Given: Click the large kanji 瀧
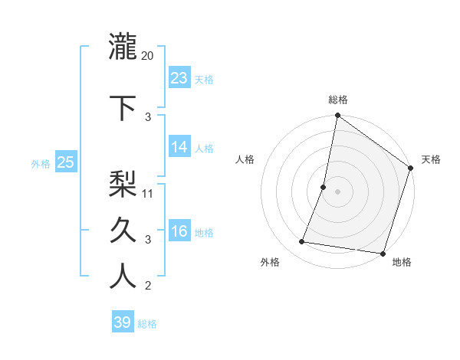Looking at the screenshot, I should click(x=123, y=47).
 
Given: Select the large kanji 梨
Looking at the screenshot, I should click(x=123, y=184).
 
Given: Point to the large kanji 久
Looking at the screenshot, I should click(x=123, y=230).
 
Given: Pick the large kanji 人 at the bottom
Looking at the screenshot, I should click(x=123, y=277).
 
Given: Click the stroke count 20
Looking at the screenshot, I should click(x=148, y=55).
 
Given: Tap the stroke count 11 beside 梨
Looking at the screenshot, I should click(x=148, y=193).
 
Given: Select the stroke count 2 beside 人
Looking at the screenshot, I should click(x=148, y=286).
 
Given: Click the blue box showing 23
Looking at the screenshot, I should click(x=179, y=78).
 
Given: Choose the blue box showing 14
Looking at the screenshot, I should click(x=179, y=147).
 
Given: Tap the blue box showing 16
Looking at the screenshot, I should click(x=179, y=231).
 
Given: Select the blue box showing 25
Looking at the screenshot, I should click(x=65, y=162).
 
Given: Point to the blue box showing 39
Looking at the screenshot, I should click(x=123, y=322).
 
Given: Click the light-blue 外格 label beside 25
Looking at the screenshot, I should click(x=41, y=164).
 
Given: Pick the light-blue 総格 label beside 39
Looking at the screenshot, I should click(x=148, y=324).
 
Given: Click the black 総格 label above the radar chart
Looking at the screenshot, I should click(x=338, y=100).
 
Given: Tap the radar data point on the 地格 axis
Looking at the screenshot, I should click(x=383, y=254).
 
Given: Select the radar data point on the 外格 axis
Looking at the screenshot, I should click(x=302, y=242).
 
